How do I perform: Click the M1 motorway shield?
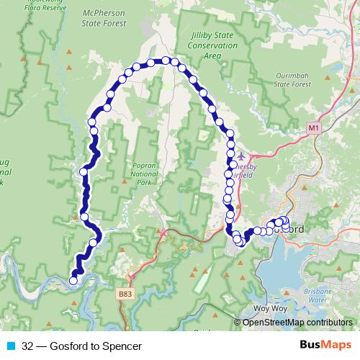(x=312, y=127)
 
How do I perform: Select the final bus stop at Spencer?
(x=73, y=281)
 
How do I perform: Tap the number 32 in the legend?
(x=27, y=346)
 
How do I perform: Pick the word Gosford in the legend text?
(x=68, y=346)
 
